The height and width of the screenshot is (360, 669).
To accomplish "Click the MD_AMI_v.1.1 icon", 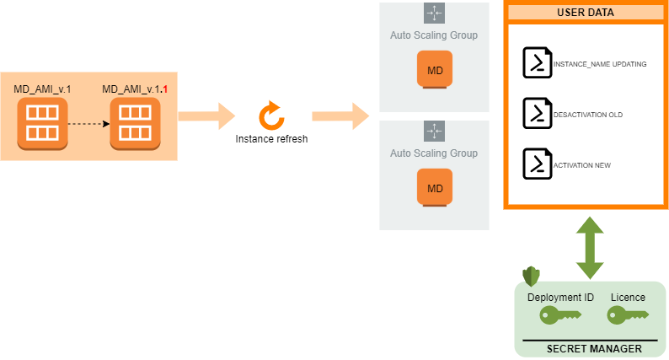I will coord(136,122).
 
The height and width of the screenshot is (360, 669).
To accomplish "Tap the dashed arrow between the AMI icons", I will coord(88,123).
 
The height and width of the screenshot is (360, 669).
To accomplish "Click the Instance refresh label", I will coord(271,139).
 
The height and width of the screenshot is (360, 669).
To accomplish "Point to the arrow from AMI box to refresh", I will coord(207,116).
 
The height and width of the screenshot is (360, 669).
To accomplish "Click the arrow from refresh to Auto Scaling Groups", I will coord(340,116).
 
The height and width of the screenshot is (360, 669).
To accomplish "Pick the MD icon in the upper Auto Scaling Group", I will coord(435,68).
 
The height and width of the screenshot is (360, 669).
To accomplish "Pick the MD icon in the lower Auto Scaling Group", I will coord(435,186).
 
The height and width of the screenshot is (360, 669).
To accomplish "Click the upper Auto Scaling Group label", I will coord(434,35).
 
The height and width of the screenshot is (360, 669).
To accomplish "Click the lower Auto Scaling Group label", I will coord(434,153).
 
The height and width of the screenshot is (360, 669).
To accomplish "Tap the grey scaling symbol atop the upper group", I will coord(434,13).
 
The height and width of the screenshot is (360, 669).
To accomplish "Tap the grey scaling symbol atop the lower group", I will coord(434,131).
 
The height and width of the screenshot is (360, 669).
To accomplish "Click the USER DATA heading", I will coord(585,13).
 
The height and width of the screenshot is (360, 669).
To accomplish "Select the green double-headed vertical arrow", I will coord(590,248).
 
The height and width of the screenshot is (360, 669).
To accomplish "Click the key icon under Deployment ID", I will coord(559,315).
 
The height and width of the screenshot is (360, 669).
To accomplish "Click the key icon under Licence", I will coord(628,315).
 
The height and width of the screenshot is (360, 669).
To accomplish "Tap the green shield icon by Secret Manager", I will coord(531,276).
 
